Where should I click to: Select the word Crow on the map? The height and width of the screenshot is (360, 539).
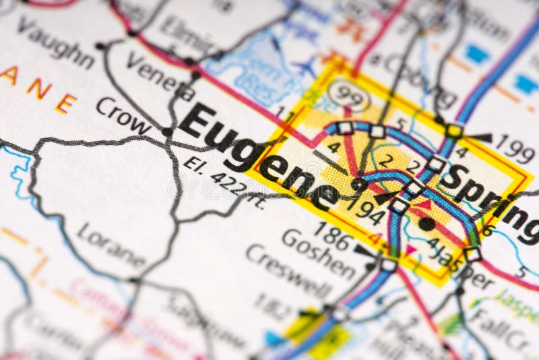click(x=123, y=115)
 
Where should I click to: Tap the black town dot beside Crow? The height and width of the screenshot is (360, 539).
click(x=166, y=131)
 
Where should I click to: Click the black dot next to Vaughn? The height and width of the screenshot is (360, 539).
click(x=100, y=46)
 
